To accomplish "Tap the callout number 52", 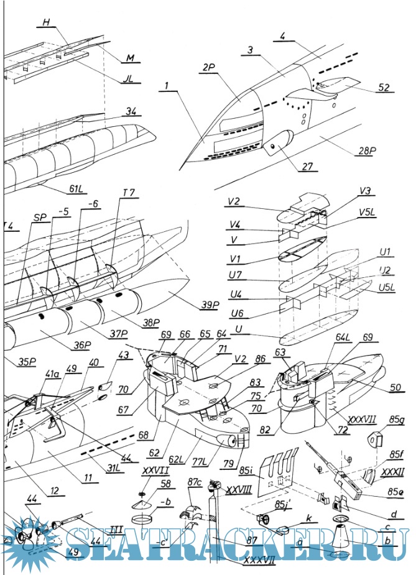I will (384, 87).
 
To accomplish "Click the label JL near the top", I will (129, 80).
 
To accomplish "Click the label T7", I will (129, 193).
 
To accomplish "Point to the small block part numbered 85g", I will (376, 439).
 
